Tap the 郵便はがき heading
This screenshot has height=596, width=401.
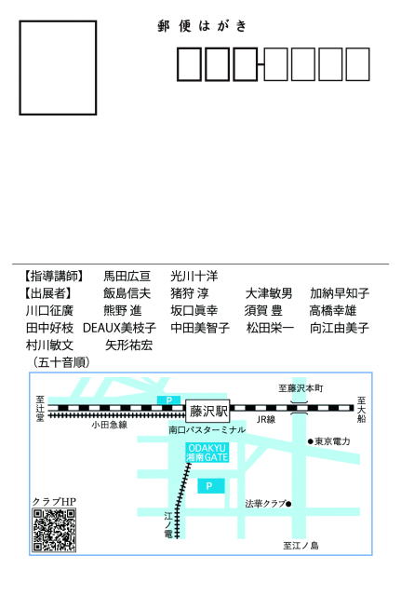click(x=203, y=26)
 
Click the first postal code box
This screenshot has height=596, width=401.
click(x=189, y=64)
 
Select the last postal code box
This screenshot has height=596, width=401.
click(x=357, y=64)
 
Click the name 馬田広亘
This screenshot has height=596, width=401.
click(x=127, y=276)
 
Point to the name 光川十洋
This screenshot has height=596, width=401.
click(x=194, y=276)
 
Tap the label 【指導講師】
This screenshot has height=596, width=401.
click(x=53, y=276)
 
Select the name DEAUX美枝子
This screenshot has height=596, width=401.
click(x=119, y=328)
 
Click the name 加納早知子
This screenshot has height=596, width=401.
click(x=340, y=293)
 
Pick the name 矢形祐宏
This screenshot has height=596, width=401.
click(x=128, y=345)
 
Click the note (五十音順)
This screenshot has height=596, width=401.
click(x=61, y=362)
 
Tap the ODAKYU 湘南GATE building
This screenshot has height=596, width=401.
click(x=207, y=453)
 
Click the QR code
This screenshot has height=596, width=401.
click(x=54, y=530)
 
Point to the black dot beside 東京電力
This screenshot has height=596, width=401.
click(x=310, y=441)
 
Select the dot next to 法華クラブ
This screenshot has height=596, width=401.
click(x=288, y=504)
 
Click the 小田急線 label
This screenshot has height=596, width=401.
click(x=110, y=425)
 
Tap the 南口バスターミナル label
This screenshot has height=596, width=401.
click(x=207, y=430)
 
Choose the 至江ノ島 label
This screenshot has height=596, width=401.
click(x=301, y=546)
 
